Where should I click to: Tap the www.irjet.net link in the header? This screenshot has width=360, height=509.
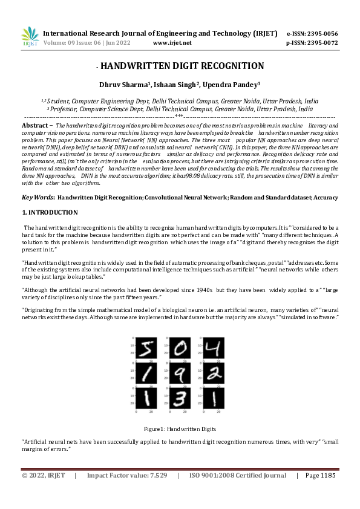pos(172,43)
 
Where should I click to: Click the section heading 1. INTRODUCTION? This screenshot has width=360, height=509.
pos(50,196)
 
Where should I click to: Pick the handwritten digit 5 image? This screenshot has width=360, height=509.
pos(146,348)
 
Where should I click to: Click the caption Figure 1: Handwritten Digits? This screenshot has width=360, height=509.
pos(180,429)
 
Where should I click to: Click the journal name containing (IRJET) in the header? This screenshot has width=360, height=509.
pos(160,33)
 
